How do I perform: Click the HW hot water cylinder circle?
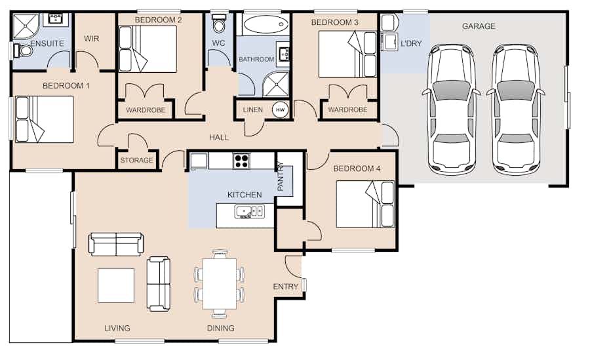pyautogui.click(x=281, y=110)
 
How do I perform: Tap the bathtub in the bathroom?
pyautogui.click(x=265, y=25)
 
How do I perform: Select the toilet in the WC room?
pyautogui.click(x=218, y=24)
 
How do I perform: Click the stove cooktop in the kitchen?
pyautogui.click(x=241, y=161)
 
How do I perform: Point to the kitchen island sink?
pyautogui.click(x=249, y=211)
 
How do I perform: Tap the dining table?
pyautogui.click(x=220, y=283)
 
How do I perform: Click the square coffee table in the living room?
pyautogui.click(x=116, y=285)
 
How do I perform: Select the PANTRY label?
pyautogui.click(x=281, y=176)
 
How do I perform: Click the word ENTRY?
pyautogui.click(x=286, y=287)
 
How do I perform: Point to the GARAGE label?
pyautogui.click(x=479, y=26)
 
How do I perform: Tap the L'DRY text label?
pyautogui.click(x=411, y=43)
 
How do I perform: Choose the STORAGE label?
pyautogui.click(x=136, y=160)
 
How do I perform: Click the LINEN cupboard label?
pyautogui.click(x=253, y=110)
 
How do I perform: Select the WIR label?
pyautogui.click(x=91, y=39)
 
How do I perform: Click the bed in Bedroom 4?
pyautogui.click(x=365, y=204)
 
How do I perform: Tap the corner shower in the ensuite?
pyautogui.click(x=26, y=27)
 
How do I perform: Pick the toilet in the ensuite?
pyautogui.click(x=23, y=50)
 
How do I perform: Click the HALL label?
pyautogui.click(x=219, y=138)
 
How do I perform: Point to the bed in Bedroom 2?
pyautogui.click(x=147, y=49)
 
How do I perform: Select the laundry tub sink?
pyautogui.click(x=389, y=41)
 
